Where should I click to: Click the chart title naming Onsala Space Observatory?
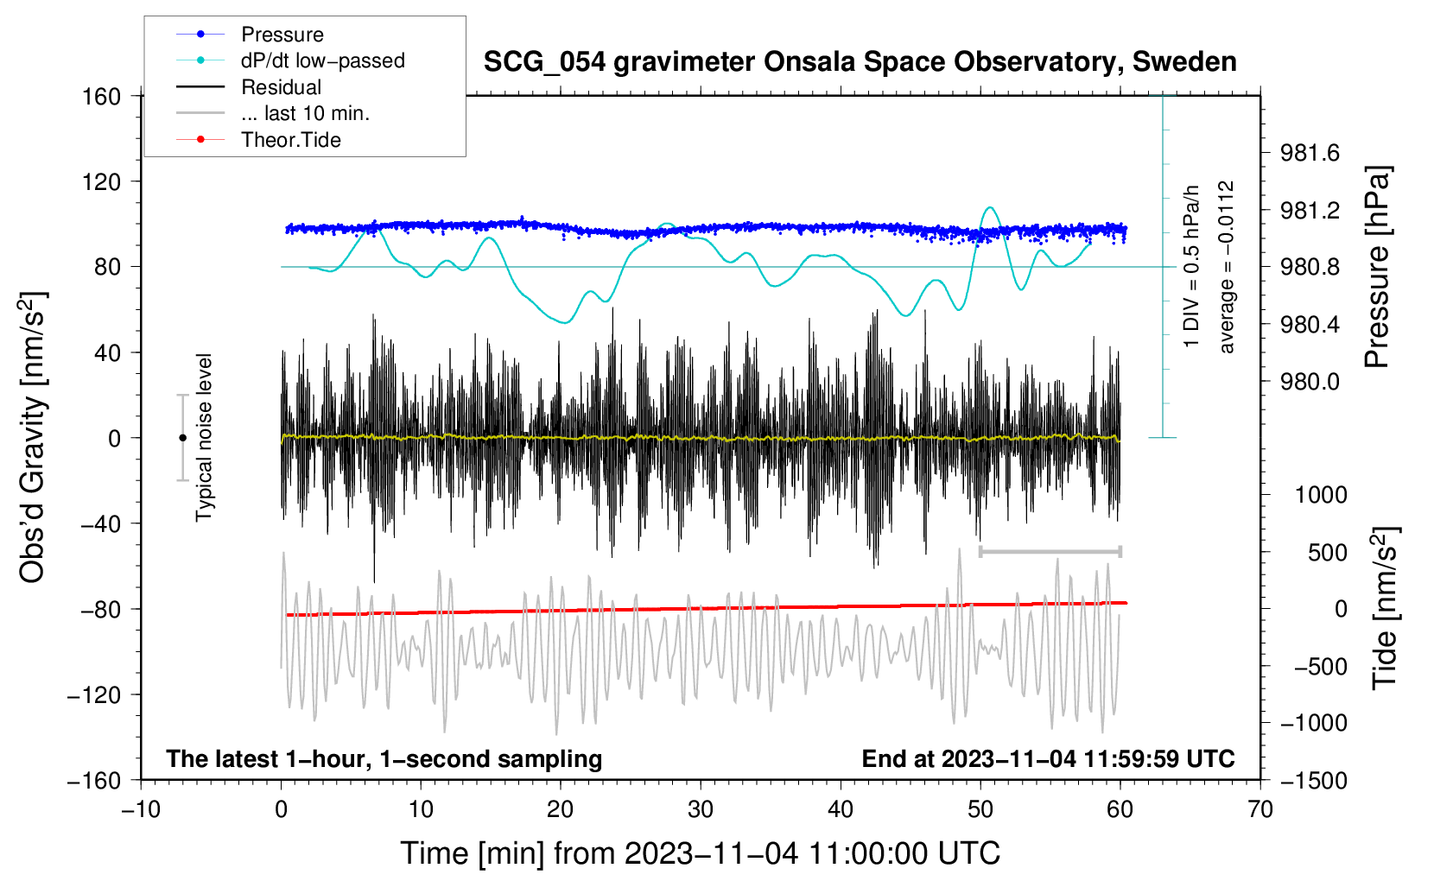point(860,62)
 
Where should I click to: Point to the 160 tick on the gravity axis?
point(102,97)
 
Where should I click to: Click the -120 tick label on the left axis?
point(95,694)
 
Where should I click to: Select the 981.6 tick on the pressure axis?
point(1309,153)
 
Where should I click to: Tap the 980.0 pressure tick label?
point(1309,382)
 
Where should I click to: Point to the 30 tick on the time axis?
point(701,809)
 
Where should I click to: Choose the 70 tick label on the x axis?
point(1260,809)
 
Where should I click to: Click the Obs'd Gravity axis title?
point(32,438)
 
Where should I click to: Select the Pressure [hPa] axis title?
point(1378,267)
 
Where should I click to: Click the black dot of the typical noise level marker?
point(182,438)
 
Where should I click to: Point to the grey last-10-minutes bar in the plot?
point(1050,551)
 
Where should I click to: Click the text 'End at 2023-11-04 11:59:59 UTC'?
point(1048,758)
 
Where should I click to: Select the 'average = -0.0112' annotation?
point(1226,267)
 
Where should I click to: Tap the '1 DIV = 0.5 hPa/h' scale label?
point(1190,267)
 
